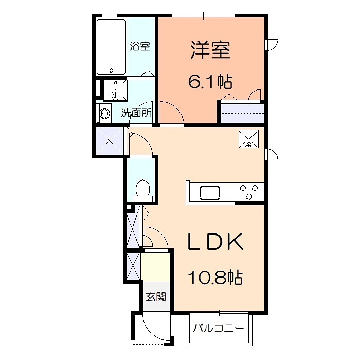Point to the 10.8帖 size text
tap(214, 278)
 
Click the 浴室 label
tap(140, 46)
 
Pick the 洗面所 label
tap(136, 113)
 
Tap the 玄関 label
tap(155, 297)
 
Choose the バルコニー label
tap(220, 328)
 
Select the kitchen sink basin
tap(210, 193)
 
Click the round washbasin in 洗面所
tap(105, 113)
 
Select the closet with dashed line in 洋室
tap(242, 113)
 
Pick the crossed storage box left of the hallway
tap(110, 141)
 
